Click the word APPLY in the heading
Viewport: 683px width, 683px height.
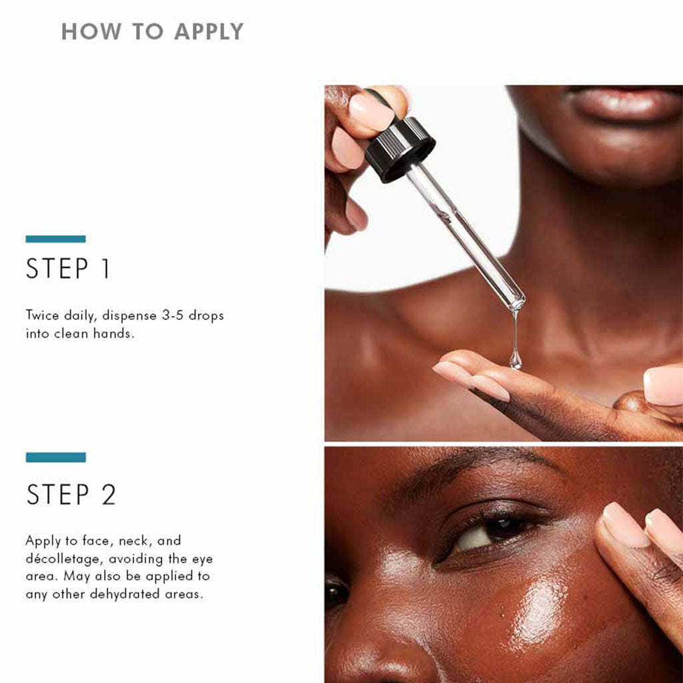(x=209, y=32)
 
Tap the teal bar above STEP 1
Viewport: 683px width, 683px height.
(x=56, y=239)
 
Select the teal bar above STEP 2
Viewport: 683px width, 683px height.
(x=56, y=458)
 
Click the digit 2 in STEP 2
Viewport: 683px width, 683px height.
(x=109, y=494)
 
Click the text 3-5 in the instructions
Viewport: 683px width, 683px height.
(x=172, y=315)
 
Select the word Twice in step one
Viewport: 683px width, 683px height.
(x=43, y=315)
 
